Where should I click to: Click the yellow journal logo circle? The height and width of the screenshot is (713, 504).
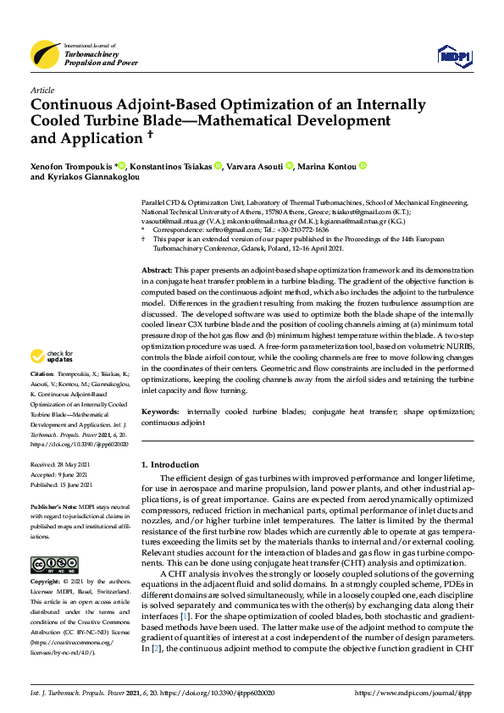[45, 55]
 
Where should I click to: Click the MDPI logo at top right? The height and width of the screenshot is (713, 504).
[453, 57]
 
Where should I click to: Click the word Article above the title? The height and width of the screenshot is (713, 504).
[42, 91]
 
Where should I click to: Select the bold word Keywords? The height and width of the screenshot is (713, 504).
[160, 411]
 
